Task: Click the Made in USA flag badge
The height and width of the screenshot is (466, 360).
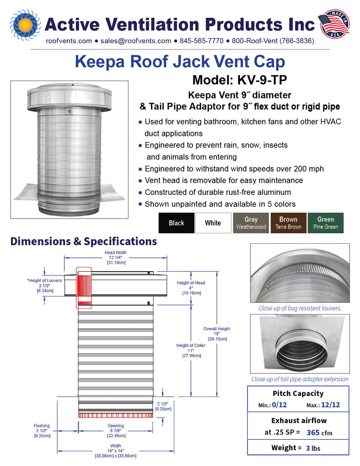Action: click(334, 24)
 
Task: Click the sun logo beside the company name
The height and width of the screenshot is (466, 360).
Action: click(25, 25)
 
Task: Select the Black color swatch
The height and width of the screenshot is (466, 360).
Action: click(176, 223)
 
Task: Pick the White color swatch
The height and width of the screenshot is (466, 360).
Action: click(213, 223)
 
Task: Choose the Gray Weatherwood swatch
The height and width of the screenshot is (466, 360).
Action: click(251, 223)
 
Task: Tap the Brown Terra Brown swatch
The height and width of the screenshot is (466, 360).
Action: click(288, 223)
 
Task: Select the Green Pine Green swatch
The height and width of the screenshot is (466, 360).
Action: click(326, 223)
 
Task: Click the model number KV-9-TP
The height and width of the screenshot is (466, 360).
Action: click(262, 80)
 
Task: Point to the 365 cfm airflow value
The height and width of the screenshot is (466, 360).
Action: click(319, 432)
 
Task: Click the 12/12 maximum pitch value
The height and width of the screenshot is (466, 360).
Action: click(331, 405)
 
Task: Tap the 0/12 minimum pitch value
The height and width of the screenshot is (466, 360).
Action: click(279, 405)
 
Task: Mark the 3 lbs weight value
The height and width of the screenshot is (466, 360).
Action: click(313, 448)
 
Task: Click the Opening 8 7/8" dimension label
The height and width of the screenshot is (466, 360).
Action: click(116, 431)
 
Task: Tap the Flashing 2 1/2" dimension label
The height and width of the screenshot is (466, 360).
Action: click(42, 431)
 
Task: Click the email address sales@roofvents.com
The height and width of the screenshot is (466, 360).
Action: click(136, 41)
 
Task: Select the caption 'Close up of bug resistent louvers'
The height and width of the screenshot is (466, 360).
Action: click(299, 308)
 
